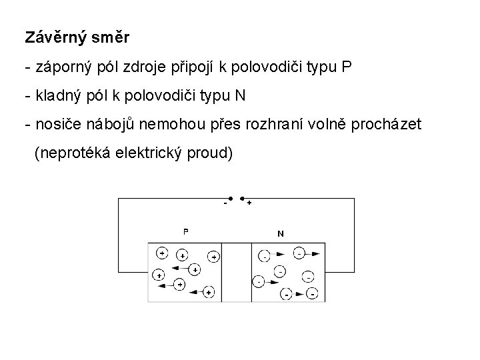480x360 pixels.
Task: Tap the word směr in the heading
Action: click(x=111, y=37)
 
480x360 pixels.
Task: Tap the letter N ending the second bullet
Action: click(x=240, y=96)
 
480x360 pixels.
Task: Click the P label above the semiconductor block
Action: click(x=186, y=232)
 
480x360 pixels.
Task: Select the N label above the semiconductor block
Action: click(x=280, y=233)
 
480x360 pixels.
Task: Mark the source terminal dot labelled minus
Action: click(x=229, y=198)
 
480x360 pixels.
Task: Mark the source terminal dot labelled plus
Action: click(x=241, y=198)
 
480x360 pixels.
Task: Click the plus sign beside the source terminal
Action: click(x=249, y=203)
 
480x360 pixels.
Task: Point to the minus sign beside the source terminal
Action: click(x=225, y=203)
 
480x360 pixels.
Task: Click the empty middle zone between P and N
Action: click(x=237, y=272)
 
